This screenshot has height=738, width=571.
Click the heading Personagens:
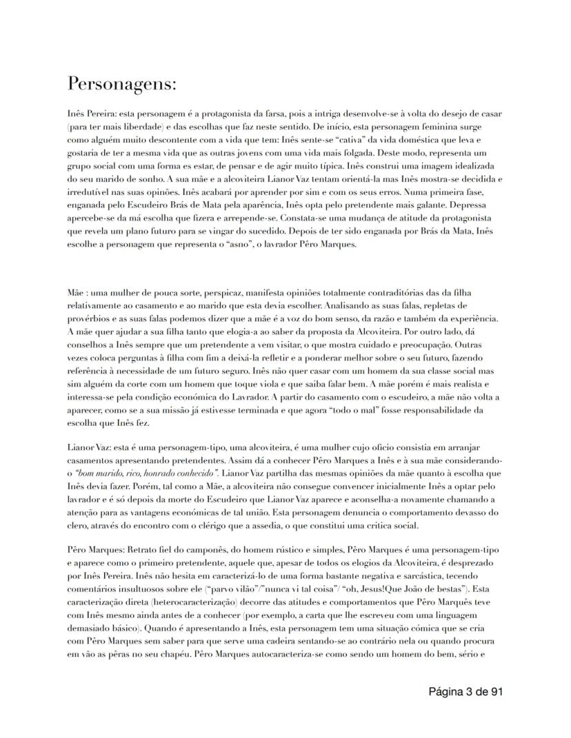122,84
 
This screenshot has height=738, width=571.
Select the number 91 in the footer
494,691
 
